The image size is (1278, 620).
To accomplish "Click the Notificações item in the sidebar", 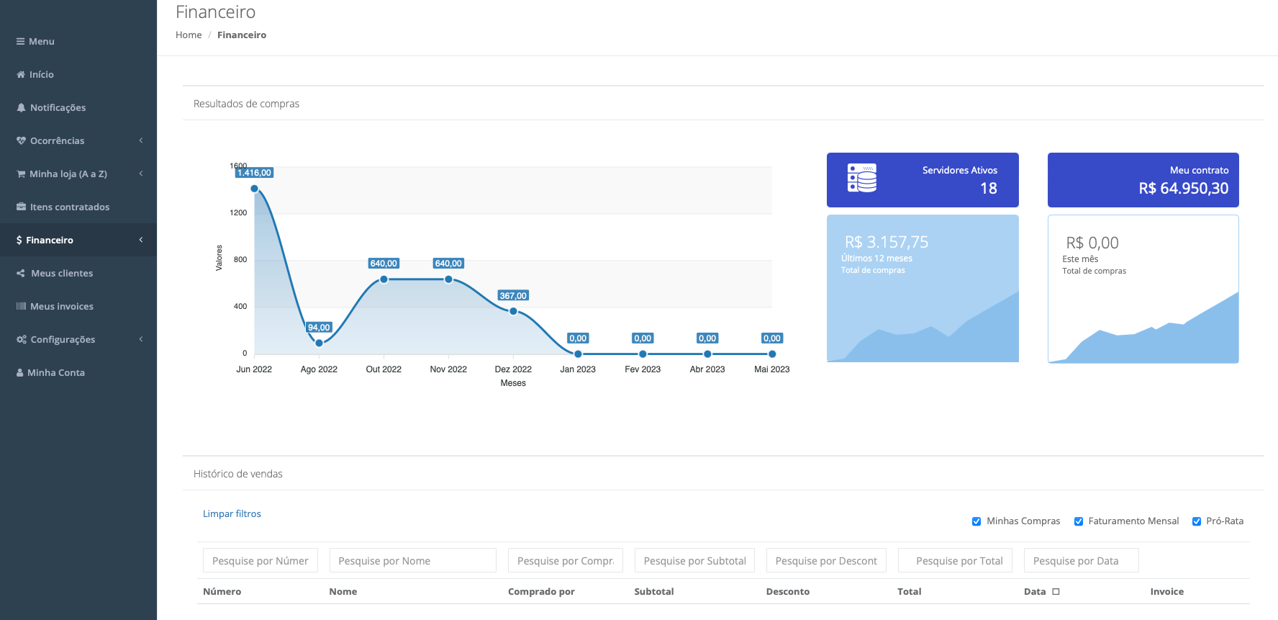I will click(x=58, y=108).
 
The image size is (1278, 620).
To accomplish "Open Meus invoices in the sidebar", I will click(x=61, y=307).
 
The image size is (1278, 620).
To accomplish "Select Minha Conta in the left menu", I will click(x=55, y=373).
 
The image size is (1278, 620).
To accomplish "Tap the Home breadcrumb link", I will click(x=189, y=35).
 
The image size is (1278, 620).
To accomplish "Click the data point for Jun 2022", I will click(x=255, y=189).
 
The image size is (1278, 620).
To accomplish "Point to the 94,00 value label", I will click(x=319, y=328).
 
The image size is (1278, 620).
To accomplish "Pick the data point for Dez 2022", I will click(x=513, y=311).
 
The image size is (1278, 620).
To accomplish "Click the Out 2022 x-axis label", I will click(x=384, y=369).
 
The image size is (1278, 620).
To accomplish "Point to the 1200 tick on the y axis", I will click(x=239, y=213).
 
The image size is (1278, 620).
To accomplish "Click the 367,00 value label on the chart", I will click(x=513, y=296).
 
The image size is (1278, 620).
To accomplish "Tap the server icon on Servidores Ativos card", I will click(x=862, y=178).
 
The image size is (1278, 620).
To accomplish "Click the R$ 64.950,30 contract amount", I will click(x=1183, y=189).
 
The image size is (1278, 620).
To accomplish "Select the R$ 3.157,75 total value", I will click(x=887, y=242).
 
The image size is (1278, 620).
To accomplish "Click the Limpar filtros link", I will click(x=232, y=514).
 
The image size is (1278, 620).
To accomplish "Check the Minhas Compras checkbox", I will click(x=976, y=521).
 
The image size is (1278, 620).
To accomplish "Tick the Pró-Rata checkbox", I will click(x=1197, y=521).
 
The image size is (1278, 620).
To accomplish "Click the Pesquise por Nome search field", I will click(x=412, y=561).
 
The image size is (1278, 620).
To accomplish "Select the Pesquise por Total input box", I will click(x=955, y=561).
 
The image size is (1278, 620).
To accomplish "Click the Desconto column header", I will click(x=787, y=592).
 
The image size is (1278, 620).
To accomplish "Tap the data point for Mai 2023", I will click(x=772, y=354).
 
